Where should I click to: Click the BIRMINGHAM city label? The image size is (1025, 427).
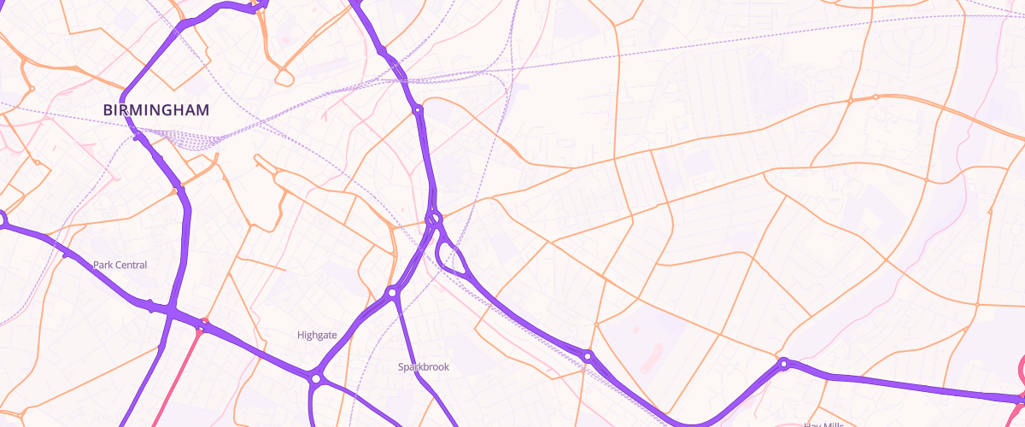[155, 110]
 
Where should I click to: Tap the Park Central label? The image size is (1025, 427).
[120, 265]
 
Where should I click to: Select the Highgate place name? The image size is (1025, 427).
[317, 335]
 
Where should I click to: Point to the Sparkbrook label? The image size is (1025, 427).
[423, 366]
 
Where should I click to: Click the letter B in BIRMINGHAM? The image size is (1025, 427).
[108, 110]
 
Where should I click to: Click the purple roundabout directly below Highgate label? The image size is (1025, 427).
[316, 377]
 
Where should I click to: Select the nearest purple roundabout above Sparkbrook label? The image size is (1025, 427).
[392, 293]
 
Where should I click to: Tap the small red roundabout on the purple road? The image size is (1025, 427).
[203, 323]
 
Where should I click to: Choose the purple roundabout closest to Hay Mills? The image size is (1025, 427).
[783, 363]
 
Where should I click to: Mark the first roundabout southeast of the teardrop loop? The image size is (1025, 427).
[589, 354]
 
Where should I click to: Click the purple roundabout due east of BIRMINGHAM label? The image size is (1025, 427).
[418, 110]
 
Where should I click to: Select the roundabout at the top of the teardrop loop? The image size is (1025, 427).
[435, 219]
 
